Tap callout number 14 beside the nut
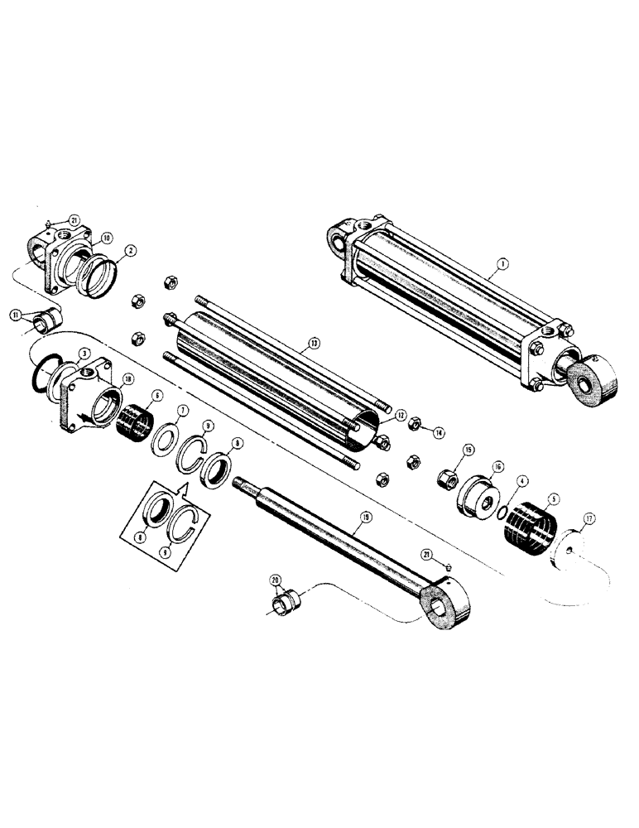click(439, 431)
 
